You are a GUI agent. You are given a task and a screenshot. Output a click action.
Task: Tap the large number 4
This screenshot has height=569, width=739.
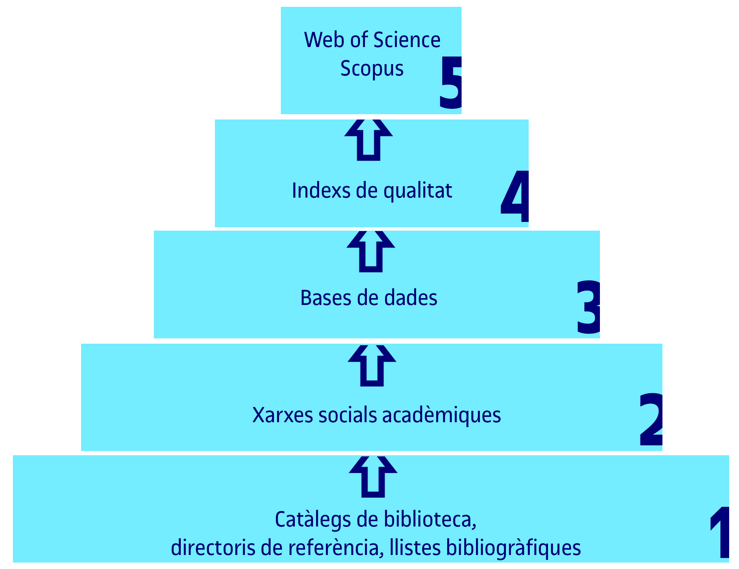(515, 196)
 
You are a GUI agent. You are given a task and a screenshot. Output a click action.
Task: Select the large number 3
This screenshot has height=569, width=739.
(589, 307)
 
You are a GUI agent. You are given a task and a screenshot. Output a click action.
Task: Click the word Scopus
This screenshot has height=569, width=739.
(372, 69)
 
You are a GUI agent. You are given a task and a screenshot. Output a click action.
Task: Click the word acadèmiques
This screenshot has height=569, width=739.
(442, 415)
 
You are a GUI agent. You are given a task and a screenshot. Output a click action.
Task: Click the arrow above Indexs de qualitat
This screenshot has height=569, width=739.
(368, 140)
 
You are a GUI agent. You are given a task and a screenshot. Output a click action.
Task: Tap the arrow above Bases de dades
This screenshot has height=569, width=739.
(371, 251)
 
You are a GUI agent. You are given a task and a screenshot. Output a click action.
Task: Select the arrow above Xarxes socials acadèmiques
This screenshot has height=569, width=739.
(372, 366)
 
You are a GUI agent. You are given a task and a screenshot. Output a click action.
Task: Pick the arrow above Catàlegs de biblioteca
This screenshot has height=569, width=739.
(373, 477)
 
